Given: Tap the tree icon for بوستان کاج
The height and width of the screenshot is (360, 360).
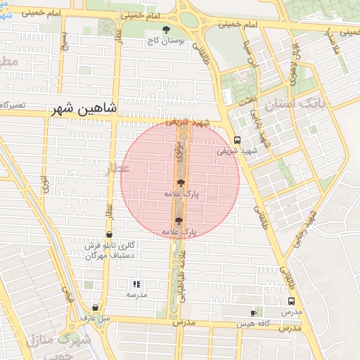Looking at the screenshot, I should coord(166,30).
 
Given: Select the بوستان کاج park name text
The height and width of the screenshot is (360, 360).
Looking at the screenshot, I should coord(167,41).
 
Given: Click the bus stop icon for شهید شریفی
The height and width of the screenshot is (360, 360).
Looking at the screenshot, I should coord(237,140).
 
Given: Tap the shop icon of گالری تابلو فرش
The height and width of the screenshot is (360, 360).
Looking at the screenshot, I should coord(109,234).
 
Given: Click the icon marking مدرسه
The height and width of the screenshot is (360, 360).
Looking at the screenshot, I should coord(136,285).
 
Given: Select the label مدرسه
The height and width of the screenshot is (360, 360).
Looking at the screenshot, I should coord(136,295).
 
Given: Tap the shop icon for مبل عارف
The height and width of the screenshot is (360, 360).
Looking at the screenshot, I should coord(95,307).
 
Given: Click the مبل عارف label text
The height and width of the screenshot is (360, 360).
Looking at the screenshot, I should coord(95,319).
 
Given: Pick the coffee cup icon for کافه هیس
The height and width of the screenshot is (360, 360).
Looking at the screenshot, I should coord(254,312).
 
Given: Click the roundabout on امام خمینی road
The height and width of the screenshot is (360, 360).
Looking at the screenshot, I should coord(188,19).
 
